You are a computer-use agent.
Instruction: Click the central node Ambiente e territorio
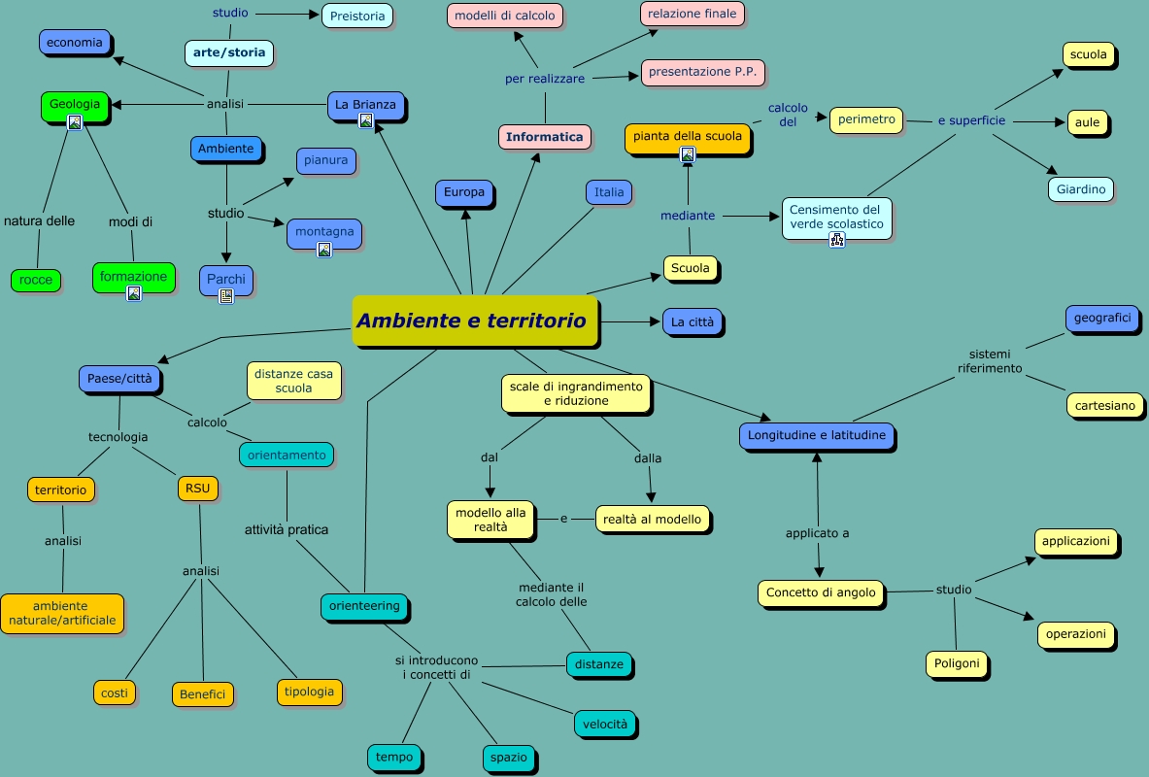click(x=473, y=321)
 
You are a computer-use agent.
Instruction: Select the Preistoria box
click(x=356, y=16)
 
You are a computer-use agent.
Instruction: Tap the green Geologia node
click(x=75, y=104)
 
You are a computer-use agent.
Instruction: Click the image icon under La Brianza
click(x=366, y=121)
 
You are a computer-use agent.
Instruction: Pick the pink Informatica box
click(x=545, y=137)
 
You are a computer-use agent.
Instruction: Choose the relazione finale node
click(x=693, y=14)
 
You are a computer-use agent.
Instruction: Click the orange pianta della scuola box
click(x=688, y=136)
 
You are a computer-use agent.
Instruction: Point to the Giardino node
click(x=1081, y=189)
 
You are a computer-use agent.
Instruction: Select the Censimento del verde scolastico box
click(x=835, y=217)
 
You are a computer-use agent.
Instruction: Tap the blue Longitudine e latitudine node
click(x=817, y=436)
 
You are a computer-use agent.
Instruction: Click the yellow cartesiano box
click(x=1104, y=406)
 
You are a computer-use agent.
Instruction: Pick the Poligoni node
click(x=957, y=664)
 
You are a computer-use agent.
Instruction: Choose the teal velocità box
click(x=606, y=724)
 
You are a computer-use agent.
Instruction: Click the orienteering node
click(x=364, y=606)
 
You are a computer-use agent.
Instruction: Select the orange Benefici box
click(x=203, y=694)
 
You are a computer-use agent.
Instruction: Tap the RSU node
click(x=197, y=489)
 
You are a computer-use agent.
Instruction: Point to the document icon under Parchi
click(x=226, y=296)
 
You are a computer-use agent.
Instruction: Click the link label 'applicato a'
click(x=818, y=533)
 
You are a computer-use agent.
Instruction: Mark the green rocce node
click(x=36, y=281)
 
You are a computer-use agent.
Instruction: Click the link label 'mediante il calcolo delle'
click(x=552, y=594)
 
